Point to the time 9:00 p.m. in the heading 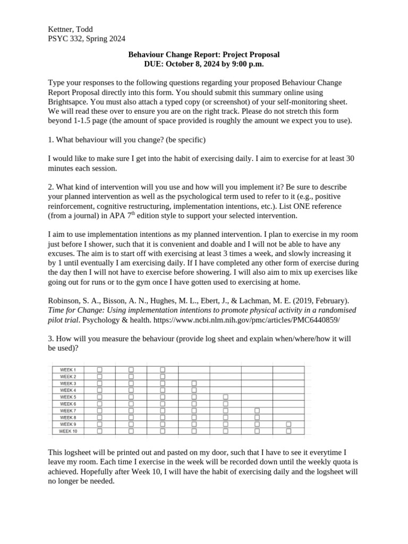tap(245, 64)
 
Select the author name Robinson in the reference tap(65, 301)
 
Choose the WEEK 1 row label tap(68, 369)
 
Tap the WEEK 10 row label tap(68, 431)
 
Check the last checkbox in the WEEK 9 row tap(288, 424)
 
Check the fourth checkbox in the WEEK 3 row tap(194, 383)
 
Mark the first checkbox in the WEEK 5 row tap(99, 397)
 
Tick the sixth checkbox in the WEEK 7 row tap(257, 411)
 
